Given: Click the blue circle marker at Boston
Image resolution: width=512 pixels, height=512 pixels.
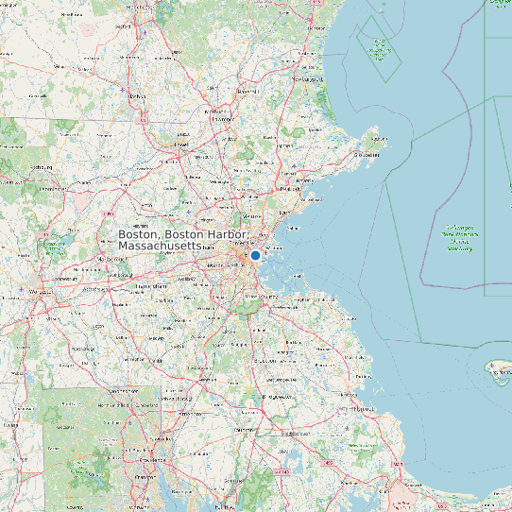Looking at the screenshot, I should (x=255, y=255).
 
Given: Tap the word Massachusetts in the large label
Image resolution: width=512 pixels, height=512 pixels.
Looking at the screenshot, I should (x=159, y=246).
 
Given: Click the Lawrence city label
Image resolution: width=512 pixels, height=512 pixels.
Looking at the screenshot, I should (x=221, y=120).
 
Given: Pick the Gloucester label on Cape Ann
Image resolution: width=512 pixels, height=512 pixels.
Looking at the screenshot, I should (x=360, y=154).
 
